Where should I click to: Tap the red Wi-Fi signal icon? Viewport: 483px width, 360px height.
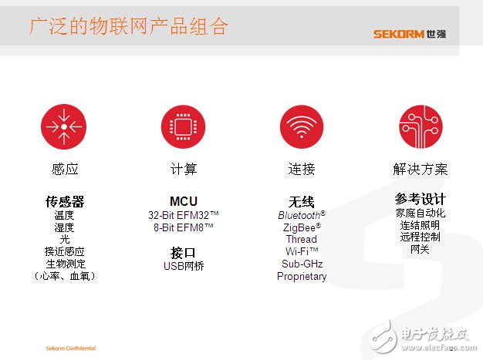click(x=302, y=126)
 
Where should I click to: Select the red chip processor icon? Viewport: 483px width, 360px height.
click(x=183, y=126)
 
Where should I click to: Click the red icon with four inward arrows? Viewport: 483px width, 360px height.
click(x=64, y=126)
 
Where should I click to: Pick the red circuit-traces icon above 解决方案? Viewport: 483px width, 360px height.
click(x=421, y=126)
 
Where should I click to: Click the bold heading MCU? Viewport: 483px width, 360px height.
click(x=184, y=201)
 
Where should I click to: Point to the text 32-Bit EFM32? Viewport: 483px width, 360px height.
click(x=179, y=215)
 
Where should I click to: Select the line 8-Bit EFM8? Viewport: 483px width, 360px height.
click(x=179, y=227)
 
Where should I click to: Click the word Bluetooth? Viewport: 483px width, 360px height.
click(x=299, y=215)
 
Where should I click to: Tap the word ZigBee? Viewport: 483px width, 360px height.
click(x=299, y=227)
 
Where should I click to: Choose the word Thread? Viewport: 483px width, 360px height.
click(x=301, y=239)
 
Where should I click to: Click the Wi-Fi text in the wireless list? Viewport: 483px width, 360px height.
click(x=297, y=251)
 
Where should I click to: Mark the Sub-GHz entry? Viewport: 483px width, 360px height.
click(x=302, y=264)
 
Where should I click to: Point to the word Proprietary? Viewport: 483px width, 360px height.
click(x=302, y=276)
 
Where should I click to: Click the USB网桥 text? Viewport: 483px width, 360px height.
click(x=184, y=266)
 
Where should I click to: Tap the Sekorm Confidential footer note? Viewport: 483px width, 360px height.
click(x=71, y=348)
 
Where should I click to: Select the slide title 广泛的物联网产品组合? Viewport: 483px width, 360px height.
click(x=129, y=26)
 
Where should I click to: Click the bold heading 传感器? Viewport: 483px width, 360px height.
click(x=65, y=201)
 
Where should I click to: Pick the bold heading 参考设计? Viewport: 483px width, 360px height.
click(x=421, y=199)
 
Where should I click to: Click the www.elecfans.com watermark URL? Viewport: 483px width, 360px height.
click(x=439, y=348)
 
